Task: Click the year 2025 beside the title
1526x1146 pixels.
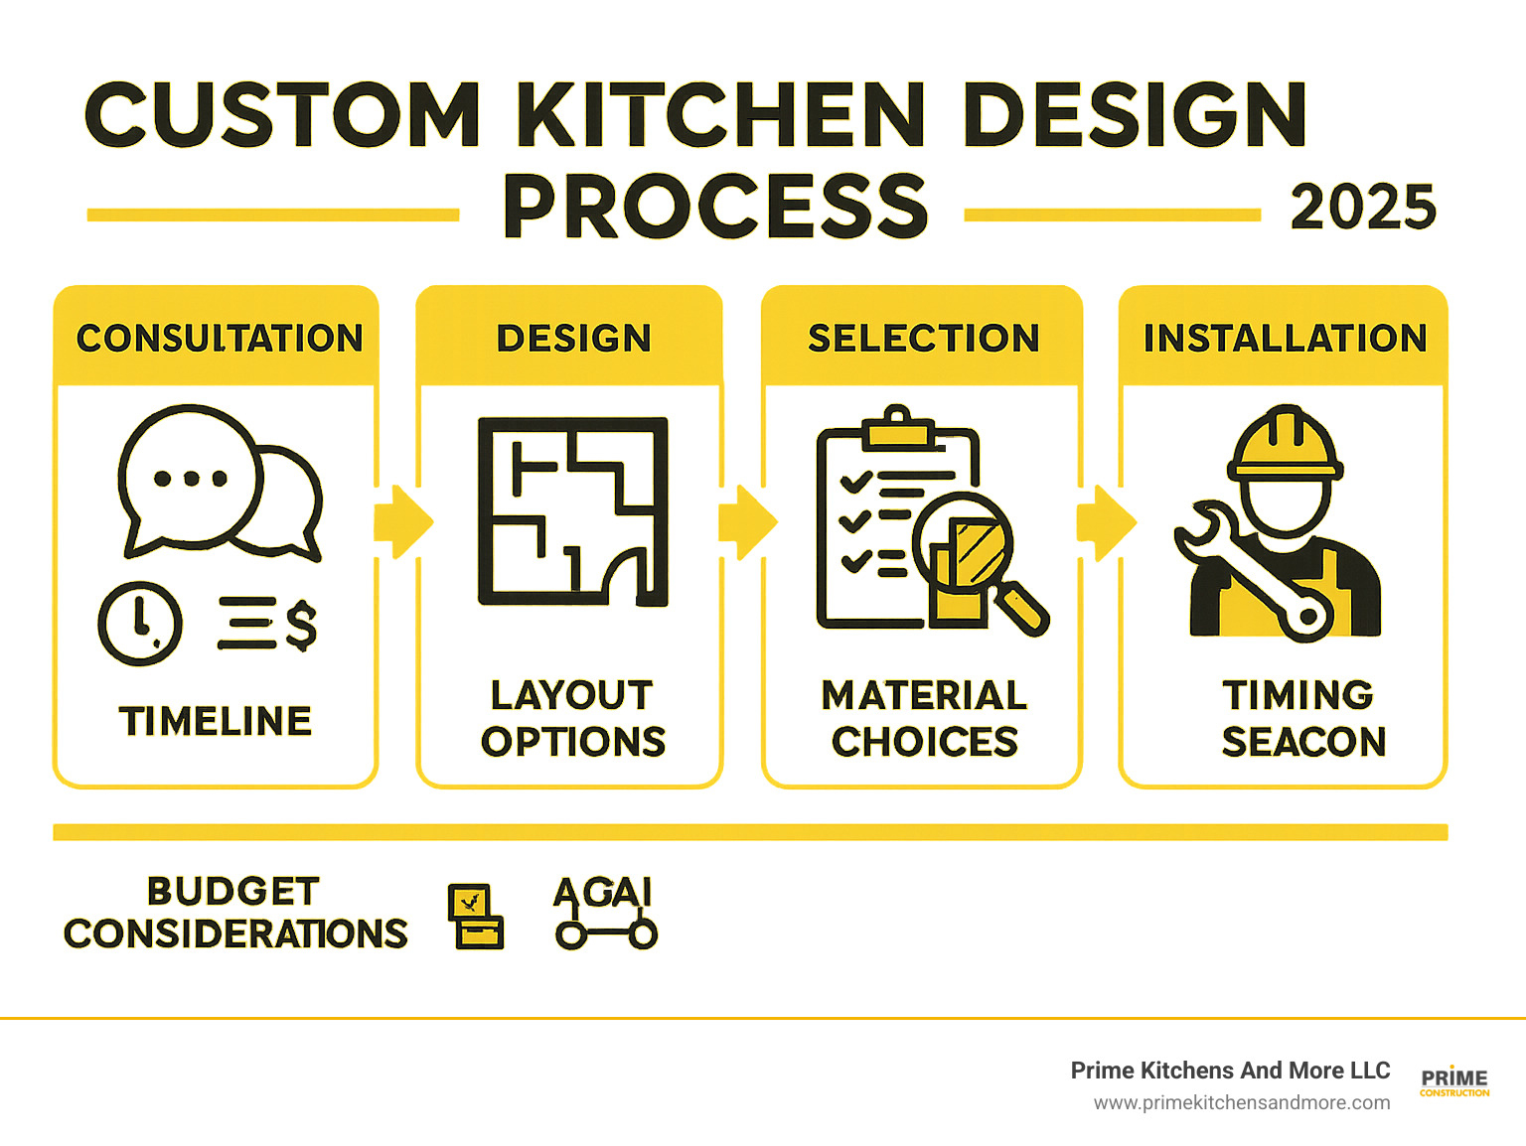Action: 1363,208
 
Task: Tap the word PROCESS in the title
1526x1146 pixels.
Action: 715,207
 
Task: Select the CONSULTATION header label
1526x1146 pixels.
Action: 220,339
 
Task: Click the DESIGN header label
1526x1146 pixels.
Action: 573,339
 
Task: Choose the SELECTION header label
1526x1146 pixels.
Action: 923,339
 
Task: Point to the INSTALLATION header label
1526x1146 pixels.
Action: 1285,339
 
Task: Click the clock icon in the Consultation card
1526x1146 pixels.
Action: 140,624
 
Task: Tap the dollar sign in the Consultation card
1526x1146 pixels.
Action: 300,626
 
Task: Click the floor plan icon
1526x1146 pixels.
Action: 572,511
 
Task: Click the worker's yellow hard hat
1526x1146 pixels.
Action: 1286,447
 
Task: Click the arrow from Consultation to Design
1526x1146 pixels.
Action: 401,521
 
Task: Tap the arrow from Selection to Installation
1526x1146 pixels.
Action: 1105,521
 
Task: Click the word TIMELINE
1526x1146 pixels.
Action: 216,721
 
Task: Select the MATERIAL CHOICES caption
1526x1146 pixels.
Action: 924,718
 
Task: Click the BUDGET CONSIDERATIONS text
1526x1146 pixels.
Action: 235,913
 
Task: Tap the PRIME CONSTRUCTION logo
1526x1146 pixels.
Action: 1454,1081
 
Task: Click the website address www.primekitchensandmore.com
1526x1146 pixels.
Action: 1242,1102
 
